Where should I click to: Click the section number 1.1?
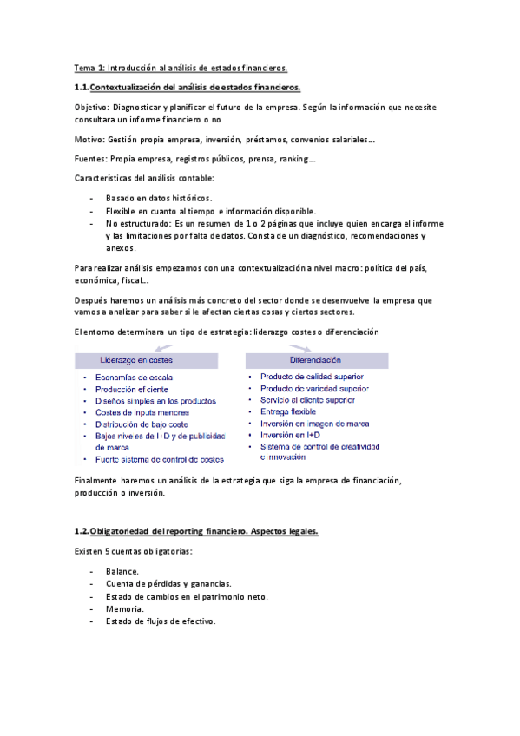pyautogui.click(x=82, y=88)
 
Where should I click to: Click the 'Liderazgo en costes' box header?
pyautogui.click(x=136, y=359)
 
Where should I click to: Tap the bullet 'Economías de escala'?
pyautogui.click(x=135, y=378)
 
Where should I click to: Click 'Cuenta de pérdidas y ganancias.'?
pyautogui.click(x=168, y=584)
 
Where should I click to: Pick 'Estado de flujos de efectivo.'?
pyautogui.click(x=160, y=621)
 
